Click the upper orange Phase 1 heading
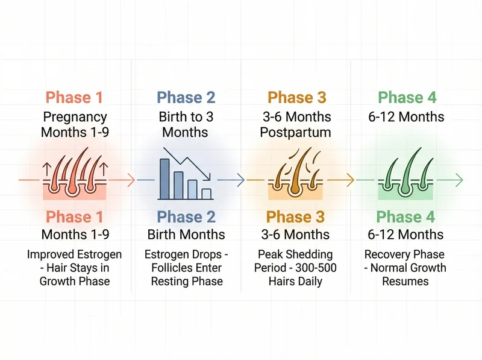pos(75,98)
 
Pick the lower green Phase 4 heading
pos(406,217)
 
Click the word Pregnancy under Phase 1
pos(75,116)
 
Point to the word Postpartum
pos(296,131)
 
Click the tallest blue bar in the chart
pos(163,179)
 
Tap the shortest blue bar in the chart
pos(206,194)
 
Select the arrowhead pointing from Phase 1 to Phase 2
pos(131,180)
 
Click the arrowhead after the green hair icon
pos(459,180)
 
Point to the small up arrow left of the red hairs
pos(48,169)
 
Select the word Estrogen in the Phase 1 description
pos(99,254)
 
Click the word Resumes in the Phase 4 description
pos(405,281)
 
